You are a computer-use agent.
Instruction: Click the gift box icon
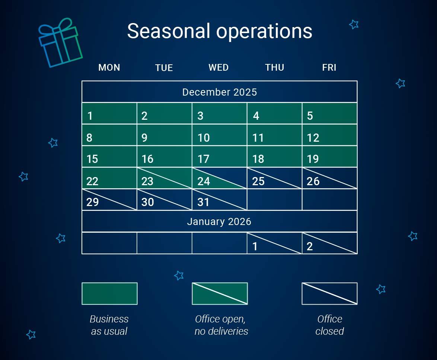(x=60, y=44)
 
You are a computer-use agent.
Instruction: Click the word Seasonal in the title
(x=169, y=31)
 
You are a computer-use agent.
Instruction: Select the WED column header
(x=218, y=67)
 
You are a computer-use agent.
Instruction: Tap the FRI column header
(x=329, y=67)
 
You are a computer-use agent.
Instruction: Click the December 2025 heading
(x=219, y=92)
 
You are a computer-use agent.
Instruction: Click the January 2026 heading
(x=219, y=222)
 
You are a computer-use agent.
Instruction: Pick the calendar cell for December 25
(x=274, y=178)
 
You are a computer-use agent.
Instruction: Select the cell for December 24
(x=219, y=178)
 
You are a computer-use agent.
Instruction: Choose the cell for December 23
(x=164, y=178)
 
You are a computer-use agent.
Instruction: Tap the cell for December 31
(x=219, y=200)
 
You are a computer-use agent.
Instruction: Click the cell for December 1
(x=109, y=113)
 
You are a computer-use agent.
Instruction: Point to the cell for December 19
(x=329, y=157)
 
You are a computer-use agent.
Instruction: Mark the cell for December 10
(x=219, y=135)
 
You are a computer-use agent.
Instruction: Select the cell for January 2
(x=329, y=243)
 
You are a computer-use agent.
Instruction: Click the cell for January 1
(x=274, y=243)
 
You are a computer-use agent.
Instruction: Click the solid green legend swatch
(x=109, y=293)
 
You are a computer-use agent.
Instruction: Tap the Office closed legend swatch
(x=329, y=293)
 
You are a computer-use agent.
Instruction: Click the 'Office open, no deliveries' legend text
(x=221, y=325)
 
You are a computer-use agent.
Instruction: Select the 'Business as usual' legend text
(x=109, y=325)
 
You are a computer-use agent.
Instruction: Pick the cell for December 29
(x=109, y=200)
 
